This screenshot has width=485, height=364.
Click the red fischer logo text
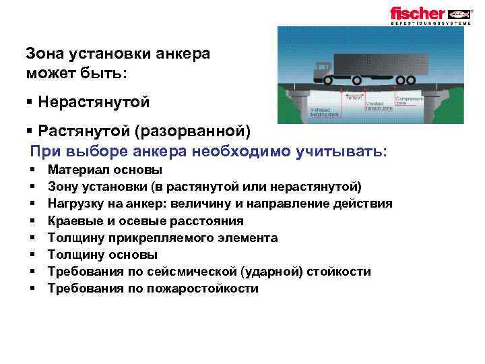click(418, 13)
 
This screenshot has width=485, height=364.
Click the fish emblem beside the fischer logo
click(459, 13)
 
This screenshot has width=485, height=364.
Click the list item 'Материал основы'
click(105, 170)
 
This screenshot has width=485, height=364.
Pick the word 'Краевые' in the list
click(73, 220)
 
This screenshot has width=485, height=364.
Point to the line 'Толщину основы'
click(103, 254)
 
